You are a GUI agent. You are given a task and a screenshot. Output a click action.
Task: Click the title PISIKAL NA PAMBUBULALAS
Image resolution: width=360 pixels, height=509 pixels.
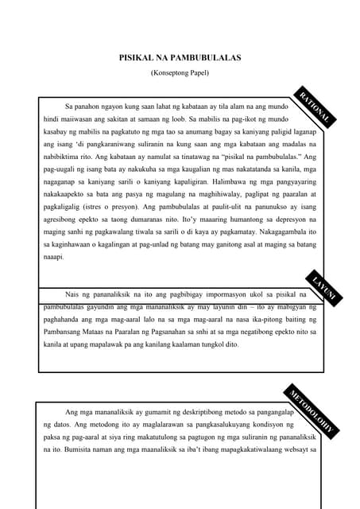[180, 58]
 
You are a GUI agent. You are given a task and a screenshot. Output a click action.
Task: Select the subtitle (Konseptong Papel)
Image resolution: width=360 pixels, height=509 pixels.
[180, 72]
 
